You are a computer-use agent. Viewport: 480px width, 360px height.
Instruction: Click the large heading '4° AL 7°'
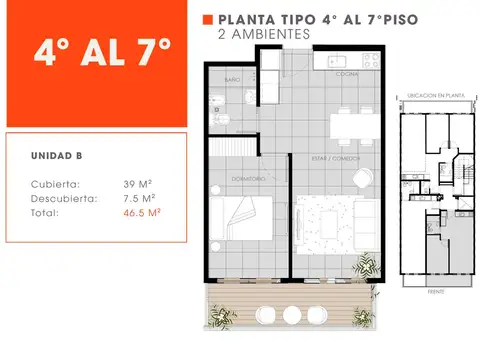(x=102, y=49)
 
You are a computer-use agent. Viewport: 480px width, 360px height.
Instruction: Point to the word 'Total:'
(x=45, y=213)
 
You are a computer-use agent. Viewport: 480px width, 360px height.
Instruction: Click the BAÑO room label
(x=232, y=78)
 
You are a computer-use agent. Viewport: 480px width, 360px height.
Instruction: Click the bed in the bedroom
(x=246, y=222)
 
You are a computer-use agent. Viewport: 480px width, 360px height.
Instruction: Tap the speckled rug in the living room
(x=330, y=222)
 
